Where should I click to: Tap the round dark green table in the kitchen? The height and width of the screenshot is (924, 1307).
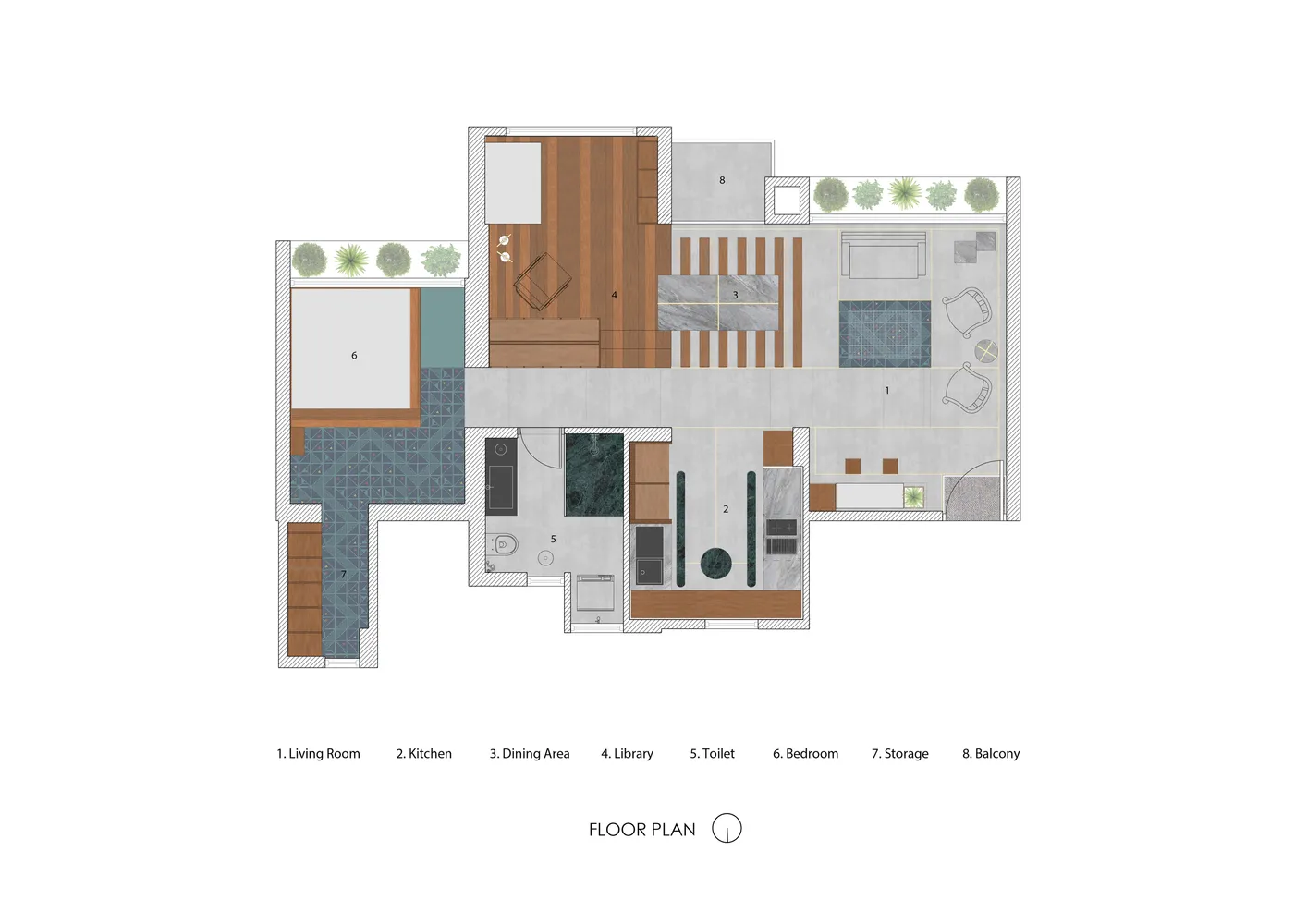click(716, 564)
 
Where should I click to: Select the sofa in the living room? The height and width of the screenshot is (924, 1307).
click(884, 256)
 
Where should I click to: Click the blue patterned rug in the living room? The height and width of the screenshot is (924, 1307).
click(885, 334)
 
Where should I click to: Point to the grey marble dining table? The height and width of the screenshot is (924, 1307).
click(718, 303)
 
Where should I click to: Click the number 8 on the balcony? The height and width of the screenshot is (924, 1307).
click(722, 181)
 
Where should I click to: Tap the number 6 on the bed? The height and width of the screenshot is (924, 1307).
click(354, 355)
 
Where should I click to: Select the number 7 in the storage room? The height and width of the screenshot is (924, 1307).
click(344, 575)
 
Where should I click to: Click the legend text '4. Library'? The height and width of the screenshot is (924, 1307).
click(628, 754)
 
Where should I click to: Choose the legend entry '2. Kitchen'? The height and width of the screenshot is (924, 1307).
click(424, 754)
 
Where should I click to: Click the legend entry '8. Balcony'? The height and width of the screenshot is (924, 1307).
click(991, 754)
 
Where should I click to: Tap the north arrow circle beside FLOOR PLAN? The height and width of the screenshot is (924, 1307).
click(727, 828)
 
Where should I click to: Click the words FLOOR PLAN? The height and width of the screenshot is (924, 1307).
click(641, 830)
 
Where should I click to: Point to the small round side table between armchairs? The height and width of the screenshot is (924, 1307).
click(985, 351)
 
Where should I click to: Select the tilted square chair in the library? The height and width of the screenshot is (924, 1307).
click(542, 281)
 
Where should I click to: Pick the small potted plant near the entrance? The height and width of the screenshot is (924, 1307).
click(913, 497)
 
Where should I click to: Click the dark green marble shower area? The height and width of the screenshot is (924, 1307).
click(594, 474)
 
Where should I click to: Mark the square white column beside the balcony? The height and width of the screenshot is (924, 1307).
click(787, 201)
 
